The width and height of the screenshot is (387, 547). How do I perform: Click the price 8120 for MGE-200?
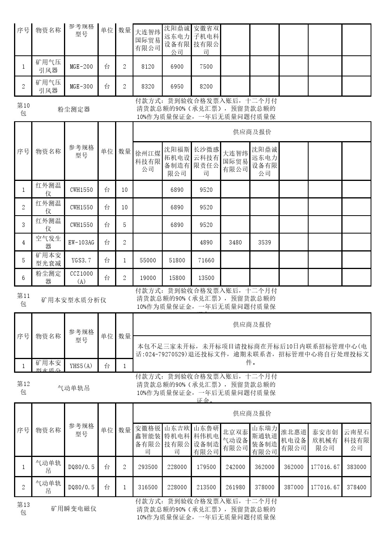pyautogui.click(x=147, y=67)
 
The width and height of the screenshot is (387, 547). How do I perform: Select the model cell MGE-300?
pyautogui.click(x=81, y=87)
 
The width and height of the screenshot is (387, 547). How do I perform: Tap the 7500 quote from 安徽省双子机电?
pyautogui.click(x=206, y=67)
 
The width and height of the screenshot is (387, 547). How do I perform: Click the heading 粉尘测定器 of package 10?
pyautogui.click(x=74, y=109)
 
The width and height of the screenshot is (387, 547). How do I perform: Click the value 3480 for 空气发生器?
pyautogui.click(x=235, y=243)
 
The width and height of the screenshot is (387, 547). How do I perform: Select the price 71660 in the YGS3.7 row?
pyautogui.click(x=206, y=260)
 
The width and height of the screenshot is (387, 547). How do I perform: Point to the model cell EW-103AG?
pyautogui.click(x=81, y=243)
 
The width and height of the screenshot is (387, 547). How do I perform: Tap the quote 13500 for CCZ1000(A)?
pyautogui.click(x=206, y=278)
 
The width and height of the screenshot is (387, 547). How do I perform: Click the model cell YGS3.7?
pyautogui.click(x=81, y=260)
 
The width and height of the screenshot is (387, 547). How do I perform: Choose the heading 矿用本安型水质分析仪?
pyautogui.click(x=74, y=300)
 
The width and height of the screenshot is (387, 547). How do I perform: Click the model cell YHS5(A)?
pyautogui.click(x=81, y=366)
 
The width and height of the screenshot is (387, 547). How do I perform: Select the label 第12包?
pyautogui.click(x=23, y=388)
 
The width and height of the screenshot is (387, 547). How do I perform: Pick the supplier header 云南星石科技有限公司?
pyautogui.click(x=356, y=440)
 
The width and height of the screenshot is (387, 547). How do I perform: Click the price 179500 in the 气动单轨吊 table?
pyautogui.click(x=206, y=467)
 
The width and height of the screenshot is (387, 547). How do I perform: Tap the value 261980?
pyautogui.click(x=235, y=487)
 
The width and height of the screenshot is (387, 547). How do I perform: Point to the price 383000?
pyautogui.click(x=356, y=467)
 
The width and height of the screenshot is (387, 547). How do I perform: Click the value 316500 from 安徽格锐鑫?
pyautogui.click(x=147, y=487)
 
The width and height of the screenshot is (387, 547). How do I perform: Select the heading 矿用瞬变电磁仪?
pyautogui.click(x=74, y=509)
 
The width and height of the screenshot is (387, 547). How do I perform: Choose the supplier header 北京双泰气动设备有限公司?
pyautogui.click(x=235, y=440)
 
